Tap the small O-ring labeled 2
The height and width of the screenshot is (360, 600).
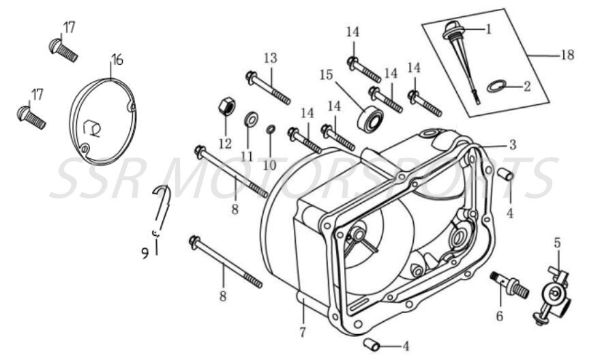[x=498, y=87]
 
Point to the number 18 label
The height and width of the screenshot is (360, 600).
[x=567, y=56]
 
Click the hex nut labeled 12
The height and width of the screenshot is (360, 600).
[x=226, y=106]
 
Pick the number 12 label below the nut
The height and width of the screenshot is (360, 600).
[x=226, y=144]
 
